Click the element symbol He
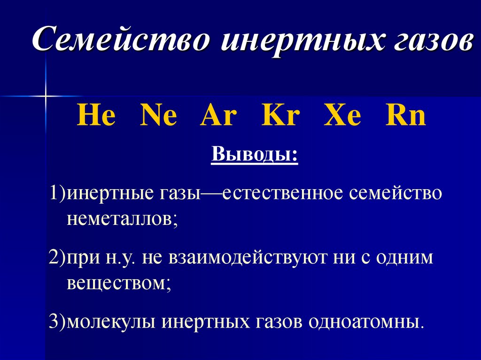[x=96, y=117]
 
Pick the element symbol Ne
[x=158, y=117]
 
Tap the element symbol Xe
[x=342, y=117]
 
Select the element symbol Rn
[x=405, y=117]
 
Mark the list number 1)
[x=58, y=194]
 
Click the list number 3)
[x=58, y=322]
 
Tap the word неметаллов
[x=121, y=218]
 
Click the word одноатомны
[x=366, y=322]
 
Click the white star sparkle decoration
[x=46, y=96]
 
